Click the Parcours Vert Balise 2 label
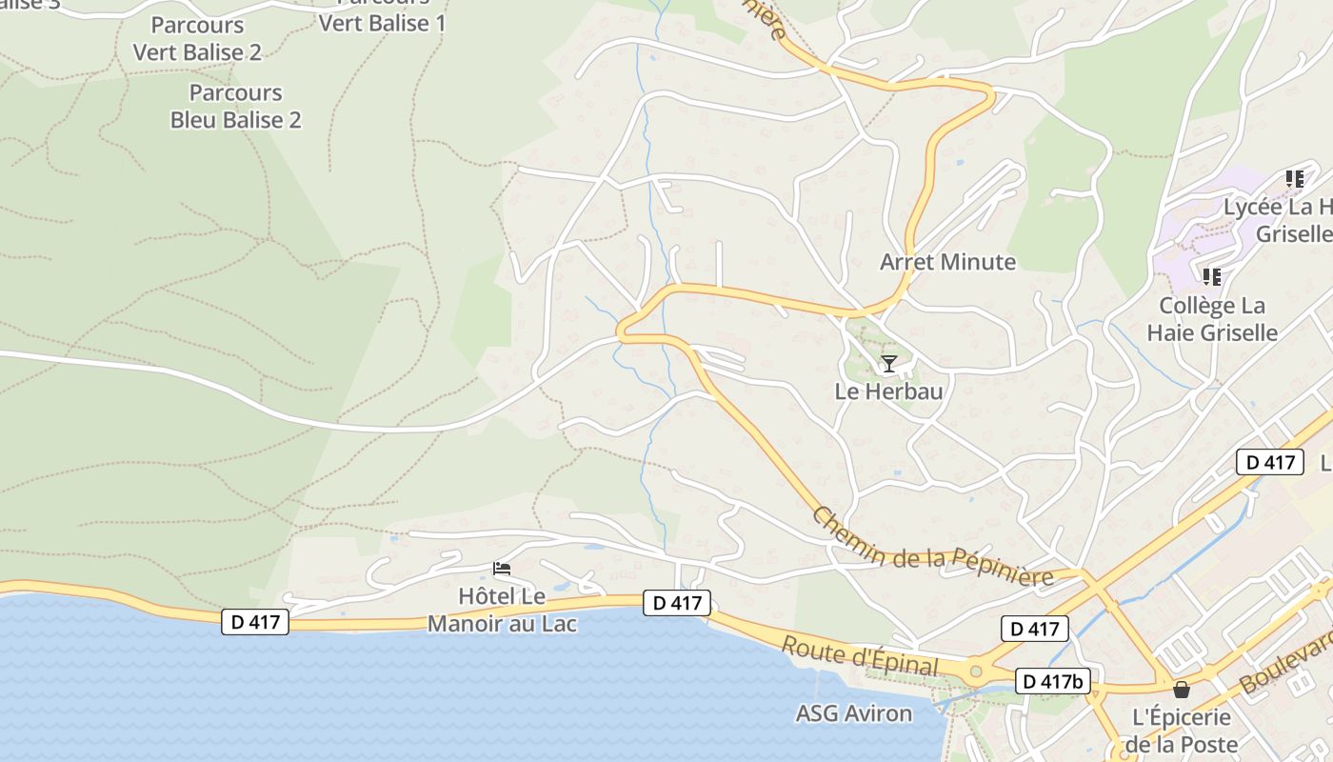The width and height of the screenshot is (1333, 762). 197,39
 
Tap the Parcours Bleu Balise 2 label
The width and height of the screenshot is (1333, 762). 236,107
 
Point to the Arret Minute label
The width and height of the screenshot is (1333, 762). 947,262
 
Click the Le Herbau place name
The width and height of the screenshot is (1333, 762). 888,391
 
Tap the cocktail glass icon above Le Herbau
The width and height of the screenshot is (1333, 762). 888,363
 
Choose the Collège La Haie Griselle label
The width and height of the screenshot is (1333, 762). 1211,319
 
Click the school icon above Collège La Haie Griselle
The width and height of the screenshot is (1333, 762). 1211,277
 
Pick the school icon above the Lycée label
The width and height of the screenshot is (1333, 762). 1294,178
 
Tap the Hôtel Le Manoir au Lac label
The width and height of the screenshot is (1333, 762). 502,611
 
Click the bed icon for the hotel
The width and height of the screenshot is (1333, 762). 502,570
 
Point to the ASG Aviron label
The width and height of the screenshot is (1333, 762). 854,713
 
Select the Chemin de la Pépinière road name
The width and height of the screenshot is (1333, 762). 932,551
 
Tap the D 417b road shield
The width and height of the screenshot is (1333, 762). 1053,682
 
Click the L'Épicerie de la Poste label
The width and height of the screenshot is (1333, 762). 1181,731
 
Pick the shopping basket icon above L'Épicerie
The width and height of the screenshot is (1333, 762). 1182,690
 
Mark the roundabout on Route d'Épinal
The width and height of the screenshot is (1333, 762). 975,672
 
